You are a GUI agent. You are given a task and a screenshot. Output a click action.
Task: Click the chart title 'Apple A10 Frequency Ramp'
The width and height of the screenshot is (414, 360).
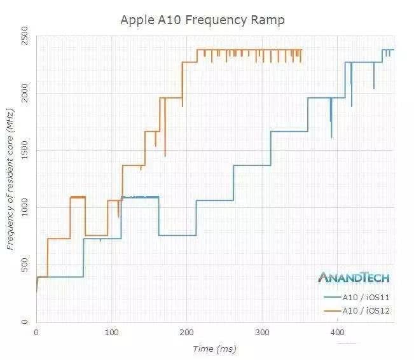pos(202,20)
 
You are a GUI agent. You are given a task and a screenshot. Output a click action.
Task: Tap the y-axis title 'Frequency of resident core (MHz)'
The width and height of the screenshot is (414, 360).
pos(10,179)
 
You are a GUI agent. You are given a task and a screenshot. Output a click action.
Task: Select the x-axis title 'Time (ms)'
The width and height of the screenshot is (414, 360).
pos(214,349)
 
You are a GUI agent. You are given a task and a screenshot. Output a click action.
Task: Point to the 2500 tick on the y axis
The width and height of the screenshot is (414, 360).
pos(25,36)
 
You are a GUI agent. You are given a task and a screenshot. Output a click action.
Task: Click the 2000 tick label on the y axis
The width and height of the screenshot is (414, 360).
pos(25,93)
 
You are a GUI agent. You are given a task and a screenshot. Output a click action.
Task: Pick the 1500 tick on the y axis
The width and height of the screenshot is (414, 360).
pos(25,150)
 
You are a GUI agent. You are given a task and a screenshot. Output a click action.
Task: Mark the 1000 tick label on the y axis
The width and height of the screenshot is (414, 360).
pos(25,207)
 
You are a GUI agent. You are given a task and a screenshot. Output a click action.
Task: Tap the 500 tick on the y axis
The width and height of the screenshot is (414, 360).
pos(25,265)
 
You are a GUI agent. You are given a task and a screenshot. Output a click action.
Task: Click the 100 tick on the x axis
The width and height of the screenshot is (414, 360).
pos(111,332)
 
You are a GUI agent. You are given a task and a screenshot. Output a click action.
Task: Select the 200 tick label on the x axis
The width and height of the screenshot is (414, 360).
pos(187,332)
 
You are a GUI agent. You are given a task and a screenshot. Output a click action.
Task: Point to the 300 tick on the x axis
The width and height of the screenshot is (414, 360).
pos(262,332)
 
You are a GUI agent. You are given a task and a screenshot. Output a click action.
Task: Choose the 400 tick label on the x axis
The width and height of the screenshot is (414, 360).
pos(338,332)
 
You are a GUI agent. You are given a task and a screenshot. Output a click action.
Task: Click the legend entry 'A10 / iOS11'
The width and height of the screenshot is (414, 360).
pos(357,298)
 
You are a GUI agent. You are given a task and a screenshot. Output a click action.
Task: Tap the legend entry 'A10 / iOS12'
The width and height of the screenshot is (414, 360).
pos(357,311)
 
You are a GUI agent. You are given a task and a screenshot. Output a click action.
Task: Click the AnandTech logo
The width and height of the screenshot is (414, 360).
pos(354,277)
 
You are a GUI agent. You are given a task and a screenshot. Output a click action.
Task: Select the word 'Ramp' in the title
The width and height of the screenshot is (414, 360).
pos(268,20)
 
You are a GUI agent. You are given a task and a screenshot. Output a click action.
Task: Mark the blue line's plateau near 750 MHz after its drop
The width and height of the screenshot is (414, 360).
pos(177,235)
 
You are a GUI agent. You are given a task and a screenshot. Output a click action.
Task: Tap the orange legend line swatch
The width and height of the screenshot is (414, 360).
pos(333,311)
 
